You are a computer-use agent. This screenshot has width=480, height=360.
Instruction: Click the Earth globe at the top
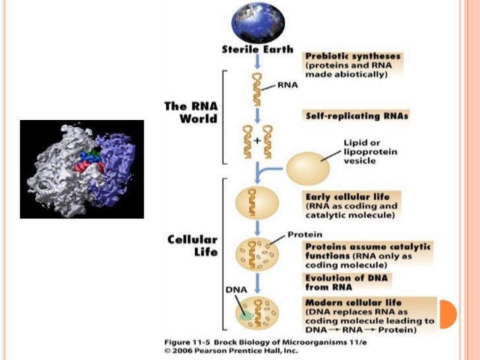point(258,20)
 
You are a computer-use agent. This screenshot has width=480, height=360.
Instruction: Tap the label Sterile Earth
point(258,49)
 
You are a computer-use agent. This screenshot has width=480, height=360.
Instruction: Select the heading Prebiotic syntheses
point(353,57)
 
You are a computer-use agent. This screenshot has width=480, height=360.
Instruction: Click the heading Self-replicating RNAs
point(357,115)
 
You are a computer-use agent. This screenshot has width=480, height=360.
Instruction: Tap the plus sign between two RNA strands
point(258,140)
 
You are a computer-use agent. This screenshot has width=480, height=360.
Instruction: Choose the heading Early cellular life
point(347,196)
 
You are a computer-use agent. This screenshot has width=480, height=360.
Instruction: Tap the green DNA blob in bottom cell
point(246,315)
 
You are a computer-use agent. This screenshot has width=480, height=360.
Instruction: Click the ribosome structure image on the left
point(82,169)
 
